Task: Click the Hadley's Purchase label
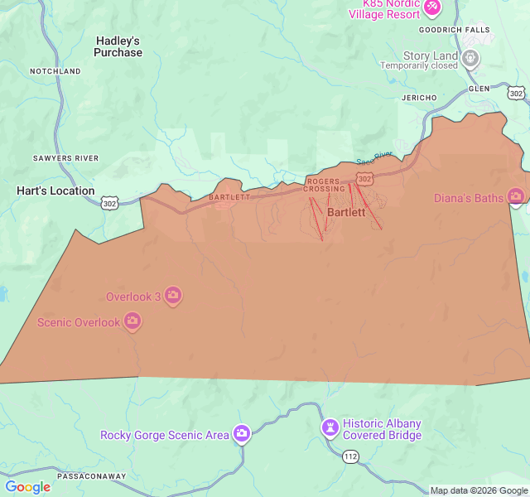[118, 46]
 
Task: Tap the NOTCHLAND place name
[55, 72]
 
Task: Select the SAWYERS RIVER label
[65, 158]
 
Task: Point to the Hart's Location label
[55, 191]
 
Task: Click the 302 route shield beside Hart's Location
[111, 202]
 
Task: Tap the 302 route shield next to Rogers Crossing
[364, 178]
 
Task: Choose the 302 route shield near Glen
[516, 94]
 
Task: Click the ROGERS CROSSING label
[324, 185]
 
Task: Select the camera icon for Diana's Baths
[516, 197]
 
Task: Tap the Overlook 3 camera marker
[173, 296]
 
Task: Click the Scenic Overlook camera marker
[132, 321]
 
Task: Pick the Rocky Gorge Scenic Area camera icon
[241, 434]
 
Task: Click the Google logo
[27, 487]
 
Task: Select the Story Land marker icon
[470, 57]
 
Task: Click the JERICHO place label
[419, 98]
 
